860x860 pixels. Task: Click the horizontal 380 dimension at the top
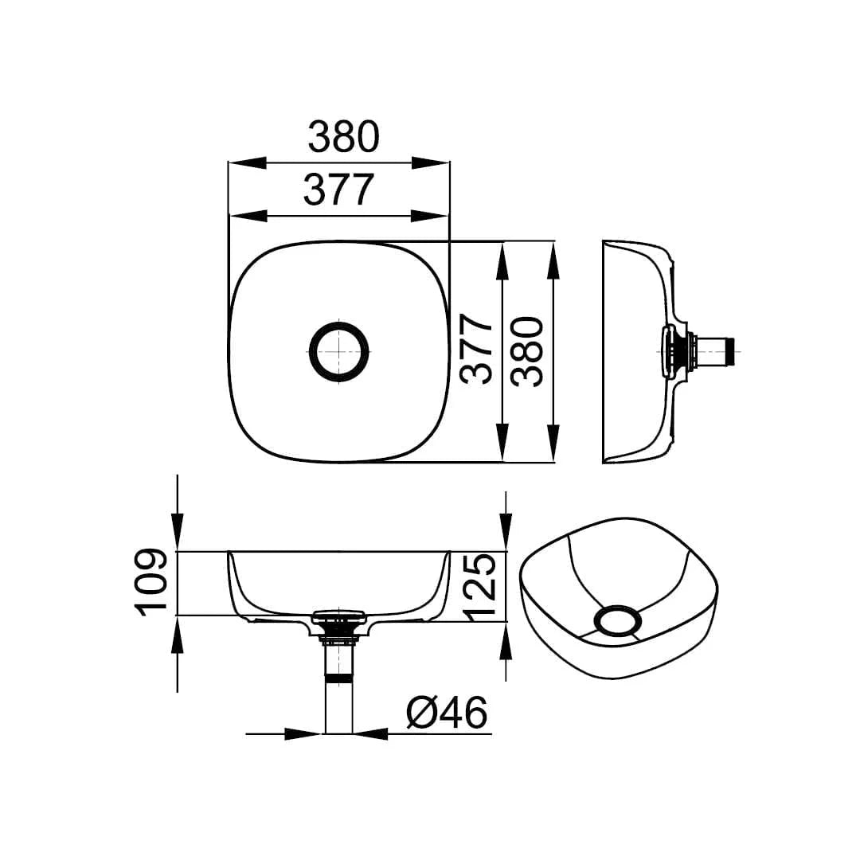[x=343, y=137]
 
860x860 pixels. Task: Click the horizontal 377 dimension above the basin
[x=338, y=190]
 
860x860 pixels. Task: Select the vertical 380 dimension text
[x=526, y=351]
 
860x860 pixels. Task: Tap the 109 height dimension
[x=150, y=582]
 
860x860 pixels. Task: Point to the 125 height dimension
[x=481, y=588]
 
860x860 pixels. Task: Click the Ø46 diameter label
[x=446, y=713]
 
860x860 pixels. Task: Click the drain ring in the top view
[x=338, y=351]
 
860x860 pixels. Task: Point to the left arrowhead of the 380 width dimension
[x=247, y=162]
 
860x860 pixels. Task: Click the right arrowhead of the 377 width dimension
[x=431, y=215]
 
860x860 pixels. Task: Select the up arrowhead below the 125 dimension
[x=506, y=642]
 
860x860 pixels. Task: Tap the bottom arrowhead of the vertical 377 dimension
[x=502, y=441]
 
